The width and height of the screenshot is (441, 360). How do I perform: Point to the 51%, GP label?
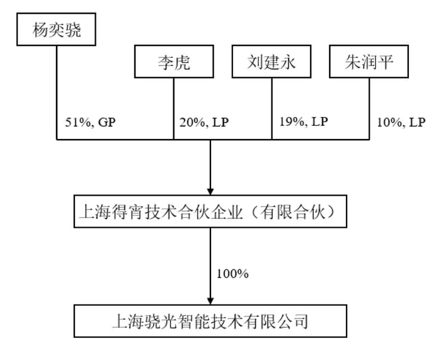pos(90,123)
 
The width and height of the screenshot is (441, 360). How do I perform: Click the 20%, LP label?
pos(204,123)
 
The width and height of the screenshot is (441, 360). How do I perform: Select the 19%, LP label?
pos(304,121)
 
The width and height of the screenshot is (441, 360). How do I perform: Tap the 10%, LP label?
pos(401,123)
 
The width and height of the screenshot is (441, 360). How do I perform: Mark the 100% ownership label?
pos(232,274)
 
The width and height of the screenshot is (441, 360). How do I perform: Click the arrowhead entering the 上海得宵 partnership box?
pos(210,191)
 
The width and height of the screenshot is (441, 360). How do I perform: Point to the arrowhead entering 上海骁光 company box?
pos(210,301)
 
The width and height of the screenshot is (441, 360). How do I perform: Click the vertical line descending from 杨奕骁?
pos(57,93)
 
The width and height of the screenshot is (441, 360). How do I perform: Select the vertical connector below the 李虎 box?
pos(174,108)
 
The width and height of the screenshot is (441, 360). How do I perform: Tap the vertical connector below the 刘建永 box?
pos(272,108)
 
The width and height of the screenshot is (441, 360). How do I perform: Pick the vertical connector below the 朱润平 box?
pos(369,108)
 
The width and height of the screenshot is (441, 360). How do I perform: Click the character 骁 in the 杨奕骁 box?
pos(73,30)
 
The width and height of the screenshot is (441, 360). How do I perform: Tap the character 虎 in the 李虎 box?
pos(182,62)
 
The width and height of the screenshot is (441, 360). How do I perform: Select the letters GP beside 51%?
pos(107,123)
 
